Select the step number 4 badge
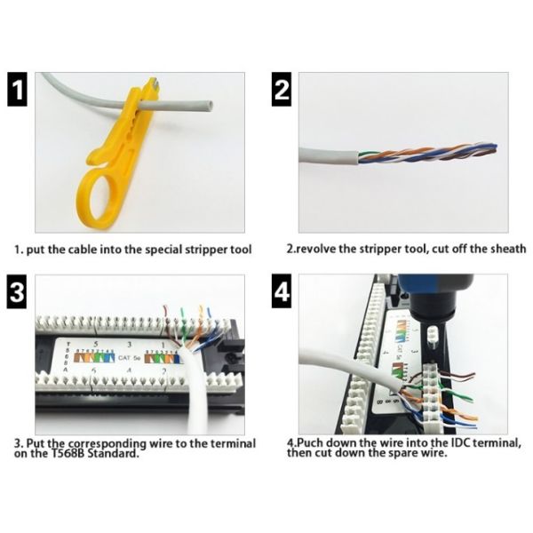coord(282,292)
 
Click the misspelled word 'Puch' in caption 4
coord(308,442)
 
